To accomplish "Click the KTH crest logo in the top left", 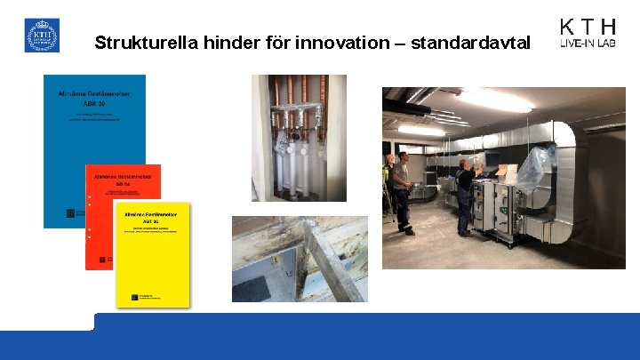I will pos(42,36).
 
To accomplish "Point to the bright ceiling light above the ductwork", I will pos(493,100).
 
